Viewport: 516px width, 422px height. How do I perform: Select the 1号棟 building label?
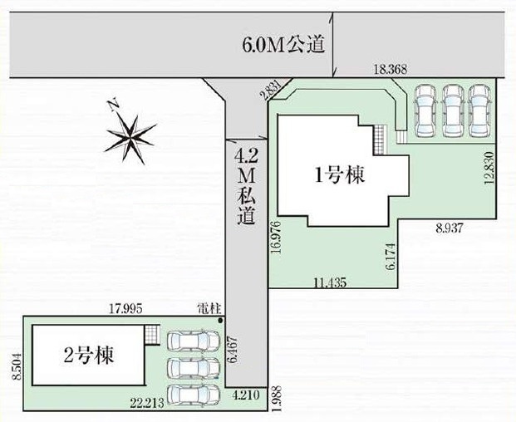[x=340, y=174]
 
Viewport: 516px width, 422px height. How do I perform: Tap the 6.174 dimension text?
[x=388, y=258]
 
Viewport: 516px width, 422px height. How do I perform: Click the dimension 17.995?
[x=126, y=308]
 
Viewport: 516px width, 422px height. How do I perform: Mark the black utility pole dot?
[x=220, y=318]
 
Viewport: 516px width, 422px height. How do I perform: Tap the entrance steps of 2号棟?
[x=151, y=335]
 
